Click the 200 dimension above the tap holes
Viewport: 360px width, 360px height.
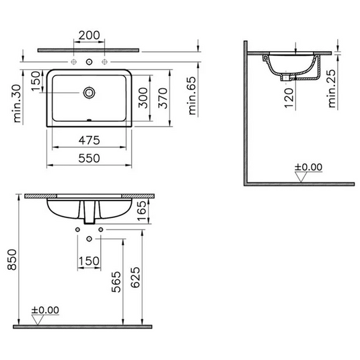[x=90, y=35]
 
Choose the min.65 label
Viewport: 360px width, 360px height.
[x=192, y=96]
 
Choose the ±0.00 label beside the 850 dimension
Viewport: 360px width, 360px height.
[x=46, y=310]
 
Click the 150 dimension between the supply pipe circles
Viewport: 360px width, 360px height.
[x=89, y=261]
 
